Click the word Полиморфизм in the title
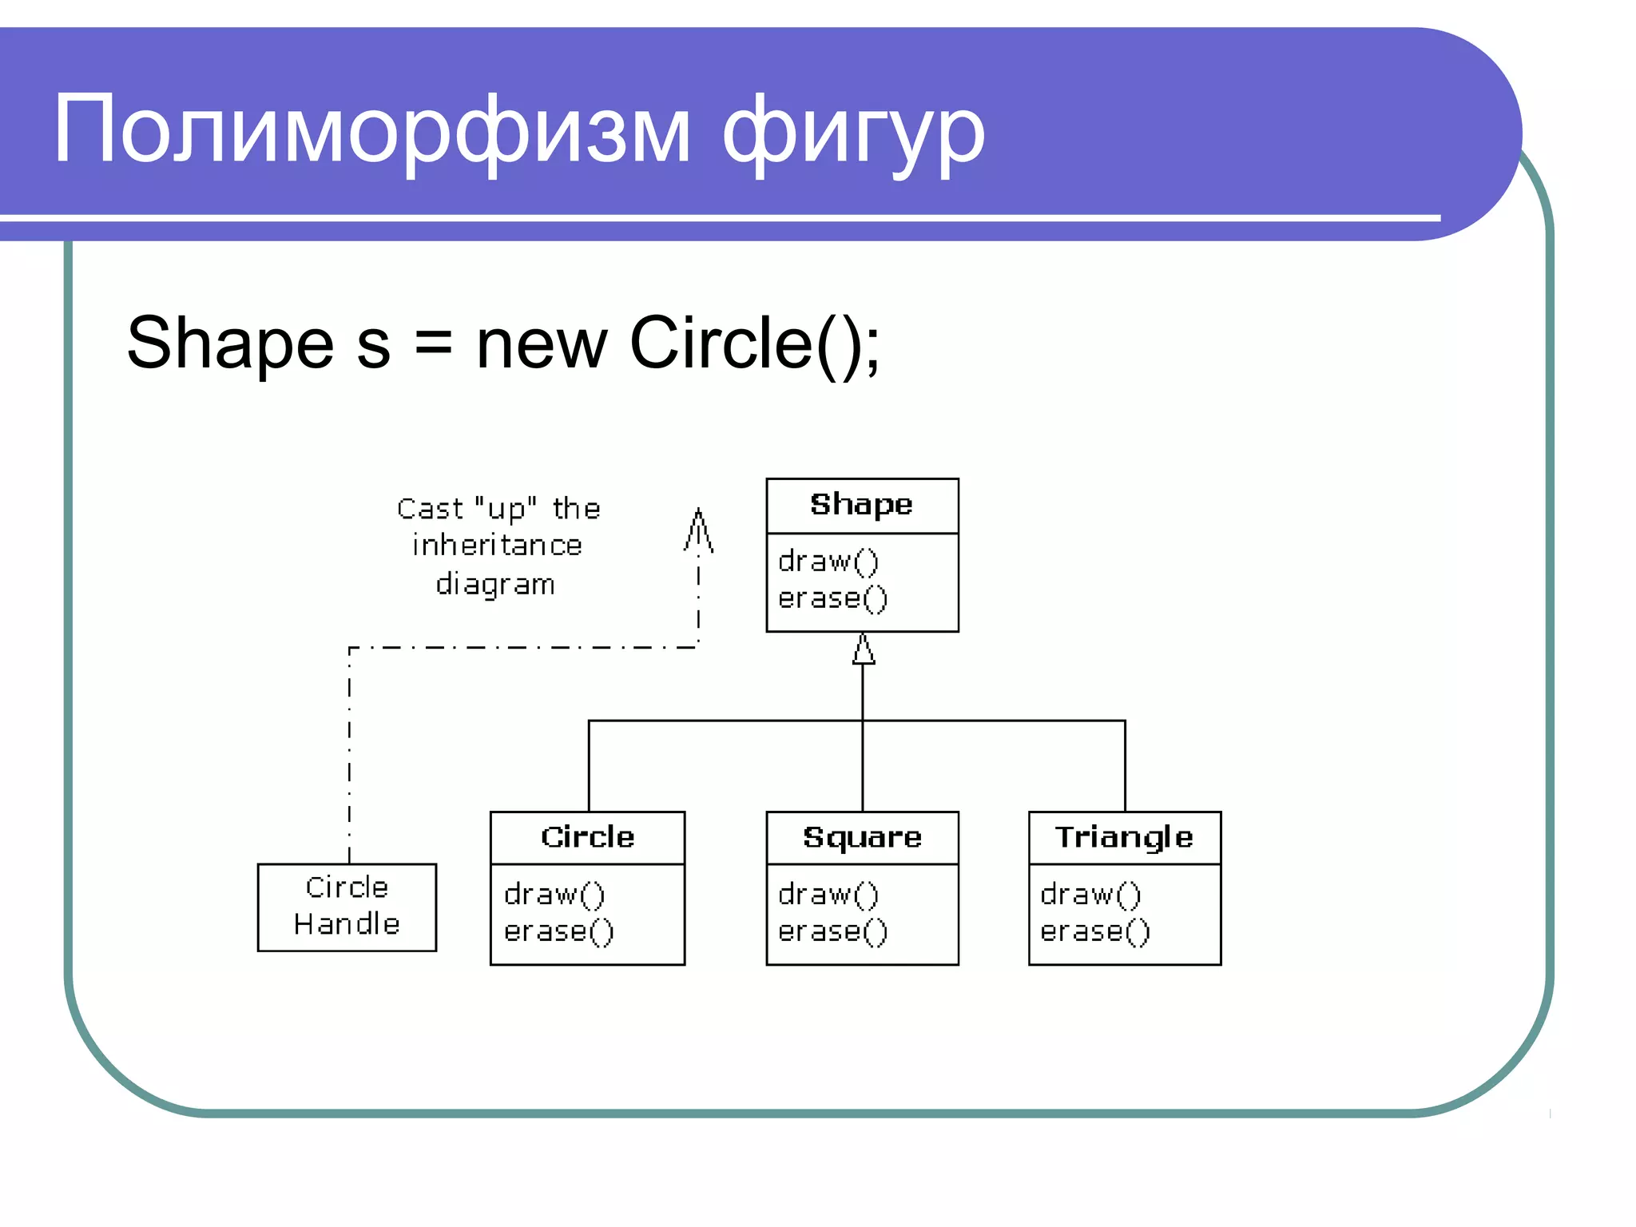(x=371, y=130)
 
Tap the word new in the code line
(x=542, y=344)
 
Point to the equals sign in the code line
(x=433, y=343)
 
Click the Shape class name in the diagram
(x=861, y=505)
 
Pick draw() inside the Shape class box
(x=828, y=561)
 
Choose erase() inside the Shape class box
(x=832, y=598)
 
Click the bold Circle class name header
(x=587, y=837)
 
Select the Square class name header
(x=862, y=837)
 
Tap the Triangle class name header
(x=1124, y=837)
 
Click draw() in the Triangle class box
(x=1090, y=894)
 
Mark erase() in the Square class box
(x=832, y=931)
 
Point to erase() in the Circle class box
(x=558, y=931)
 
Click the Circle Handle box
(x=347, y=907)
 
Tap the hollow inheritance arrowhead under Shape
(x=863, y=649)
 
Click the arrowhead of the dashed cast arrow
(x=698, y=530)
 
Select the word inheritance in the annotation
(x=497, y=546)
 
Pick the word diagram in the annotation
(x=495, y=585)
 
